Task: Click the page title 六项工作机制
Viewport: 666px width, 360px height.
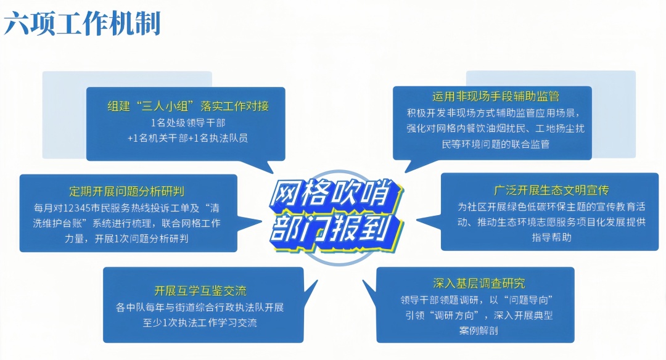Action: [x=82, y=23]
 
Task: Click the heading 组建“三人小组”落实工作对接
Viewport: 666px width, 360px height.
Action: [x=188, y=105]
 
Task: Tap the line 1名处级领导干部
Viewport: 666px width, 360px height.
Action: [x=187, y=123]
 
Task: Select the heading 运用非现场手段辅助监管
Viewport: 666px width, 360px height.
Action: [x=496, y=97]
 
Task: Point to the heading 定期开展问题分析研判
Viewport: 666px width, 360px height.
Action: [x=126, y=192]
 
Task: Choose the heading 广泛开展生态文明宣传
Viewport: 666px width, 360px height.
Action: [x=551, y=190]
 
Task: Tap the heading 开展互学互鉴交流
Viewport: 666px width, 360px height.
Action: [x=200, y=291]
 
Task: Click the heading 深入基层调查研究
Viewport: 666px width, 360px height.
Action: [x=479, y=283]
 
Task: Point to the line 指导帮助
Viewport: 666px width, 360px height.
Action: [x=551, y=237]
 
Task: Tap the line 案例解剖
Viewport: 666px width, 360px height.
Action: [x=479, y=330]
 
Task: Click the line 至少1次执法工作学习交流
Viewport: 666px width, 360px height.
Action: [x=200, y=322]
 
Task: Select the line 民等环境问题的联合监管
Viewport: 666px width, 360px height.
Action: [x=496, y=144]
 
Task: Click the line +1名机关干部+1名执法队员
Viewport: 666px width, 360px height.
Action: [x=187, y=138]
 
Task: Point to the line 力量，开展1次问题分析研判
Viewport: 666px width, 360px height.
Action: [x=126, y=239]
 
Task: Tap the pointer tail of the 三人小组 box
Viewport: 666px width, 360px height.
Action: [x=270, y=168]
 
